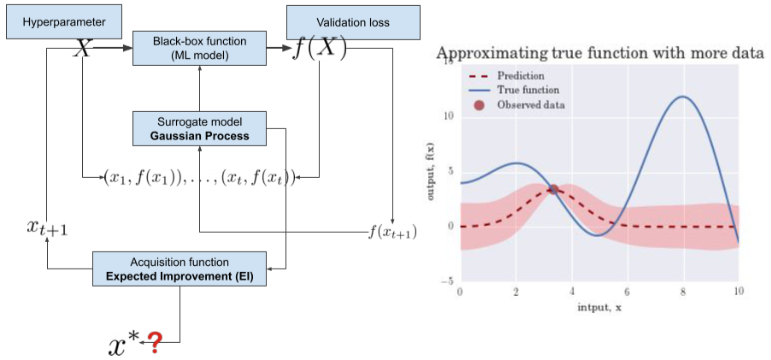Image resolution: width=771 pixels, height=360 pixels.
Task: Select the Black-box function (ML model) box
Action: (x=198, y=48)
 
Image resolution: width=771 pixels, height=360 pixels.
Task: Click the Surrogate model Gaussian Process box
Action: (x=198, y=128)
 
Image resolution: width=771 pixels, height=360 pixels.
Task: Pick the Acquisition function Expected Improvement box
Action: (x=179, y=268)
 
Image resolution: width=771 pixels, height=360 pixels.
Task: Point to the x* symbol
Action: (x=121, y=343)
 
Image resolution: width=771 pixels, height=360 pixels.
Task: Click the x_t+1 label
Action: (x=46, y=227)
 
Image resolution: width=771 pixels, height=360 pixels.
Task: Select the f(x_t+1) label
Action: (x=391, y=231)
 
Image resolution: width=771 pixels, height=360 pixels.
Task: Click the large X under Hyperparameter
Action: (x=82, y=48)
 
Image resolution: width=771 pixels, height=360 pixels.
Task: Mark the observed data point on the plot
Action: (x=553, y=190)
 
